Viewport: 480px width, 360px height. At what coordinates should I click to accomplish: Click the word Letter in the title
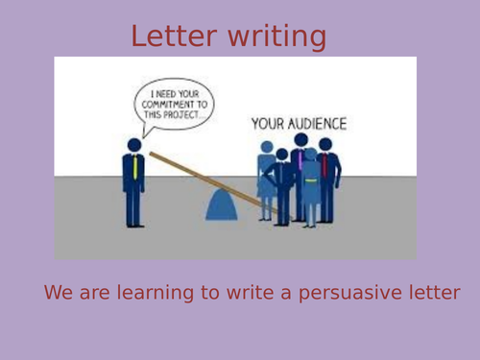tap(174, 36)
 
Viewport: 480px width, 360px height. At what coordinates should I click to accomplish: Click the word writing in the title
tap(277, 38)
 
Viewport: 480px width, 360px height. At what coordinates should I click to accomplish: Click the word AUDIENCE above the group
tap(321, 124)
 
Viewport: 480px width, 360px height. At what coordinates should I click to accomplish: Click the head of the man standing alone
tap(134, 146)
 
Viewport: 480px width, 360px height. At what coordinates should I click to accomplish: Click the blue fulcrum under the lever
tap(225, 204)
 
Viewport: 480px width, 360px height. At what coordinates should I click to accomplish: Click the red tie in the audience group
tap(324, 166)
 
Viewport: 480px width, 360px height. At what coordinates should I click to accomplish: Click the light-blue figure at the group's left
tap(266, 178)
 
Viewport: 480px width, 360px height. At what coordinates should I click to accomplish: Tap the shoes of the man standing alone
tap(135, 225)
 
